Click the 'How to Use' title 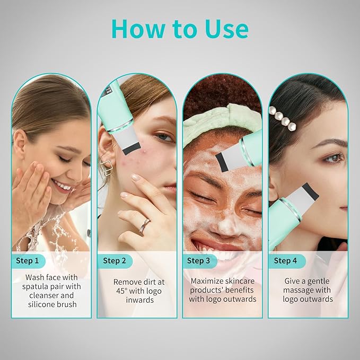tap(180, 29)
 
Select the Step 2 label tap(115, 260)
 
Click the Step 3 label tap(199, 260)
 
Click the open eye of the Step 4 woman tap(333, 157)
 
